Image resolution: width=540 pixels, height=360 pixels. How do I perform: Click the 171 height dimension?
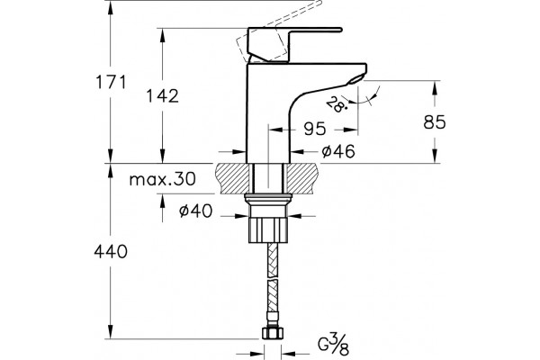click(111, 82)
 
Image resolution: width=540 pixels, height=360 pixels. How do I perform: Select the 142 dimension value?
click(163, 95)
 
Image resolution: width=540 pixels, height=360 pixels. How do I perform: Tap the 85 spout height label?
click(435, 122)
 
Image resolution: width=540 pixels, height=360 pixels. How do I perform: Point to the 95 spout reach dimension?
click(315, 130)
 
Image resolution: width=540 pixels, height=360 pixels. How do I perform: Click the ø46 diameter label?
click(338, 151)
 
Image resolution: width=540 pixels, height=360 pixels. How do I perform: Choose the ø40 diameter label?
click(195, 211)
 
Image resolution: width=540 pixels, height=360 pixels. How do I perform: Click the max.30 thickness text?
click(162, 179)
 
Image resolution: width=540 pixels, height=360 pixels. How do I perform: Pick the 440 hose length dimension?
click(111, 252)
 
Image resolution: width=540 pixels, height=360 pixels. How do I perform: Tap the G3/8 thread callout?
click(333, 345)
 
